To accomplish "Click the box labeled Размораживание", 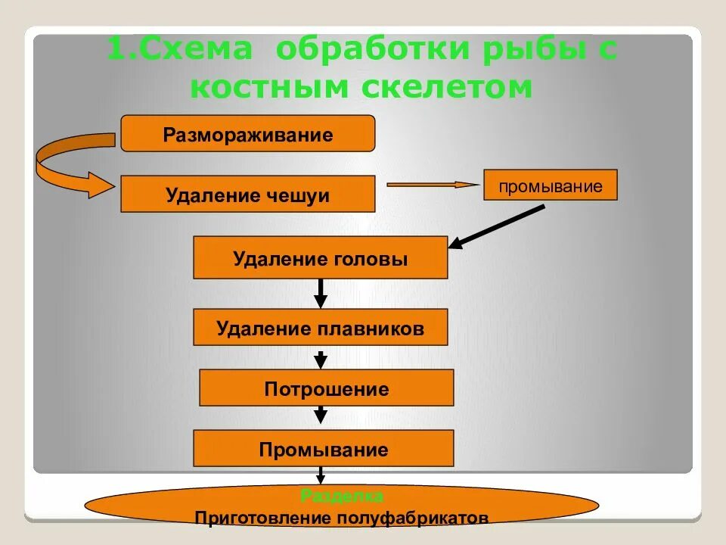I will pos(248,134).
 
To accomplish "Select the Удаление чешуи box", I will pos(248,195).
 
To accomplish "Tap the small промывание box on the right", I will pos(551,185).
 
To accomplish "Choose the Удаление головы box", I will pos(321,258).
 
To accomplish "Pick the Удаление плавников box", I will pos(321,328).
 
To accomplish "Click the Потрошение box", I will pos(327,388).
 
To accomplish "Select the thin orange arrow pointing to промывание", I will pos(432,184).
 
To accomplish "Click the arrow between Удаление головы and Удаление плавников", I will pos(321,293).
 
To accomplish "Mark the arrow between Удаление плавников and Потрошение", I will pos(321,358).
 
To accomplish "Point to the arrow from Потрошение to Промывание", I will pos(321,415).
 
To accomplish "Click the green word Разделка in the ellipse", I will pos(342,497).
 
